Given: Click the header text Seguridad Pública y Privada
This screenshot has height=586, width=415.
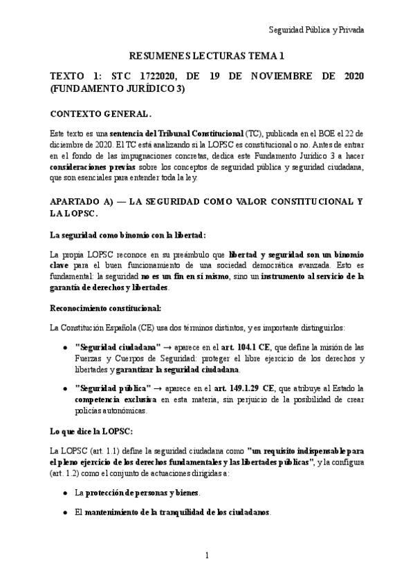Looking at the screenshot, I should point(316,30).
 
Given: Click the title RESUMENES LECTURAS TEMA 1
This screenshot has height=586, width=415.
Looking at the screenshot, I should point(207,55).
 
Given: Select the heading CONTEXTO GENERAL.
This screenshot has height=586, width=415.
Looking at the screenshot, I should point(101,113).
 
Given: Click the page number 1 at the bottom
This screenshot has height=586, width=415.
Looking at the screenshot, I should point(207,556).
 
